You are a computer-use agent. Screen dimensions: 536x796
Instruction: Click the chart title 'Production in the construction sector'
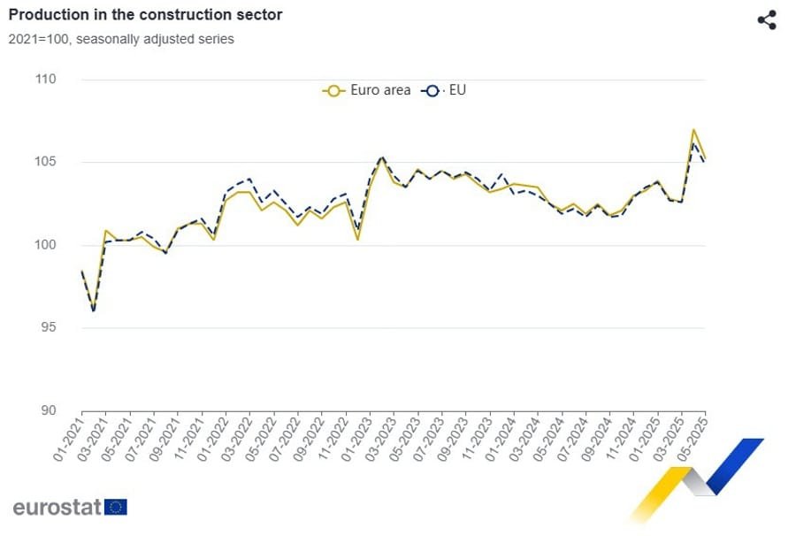(145, 16)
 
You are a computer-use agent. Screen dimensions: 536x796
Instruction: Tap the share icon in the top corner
(767, 20)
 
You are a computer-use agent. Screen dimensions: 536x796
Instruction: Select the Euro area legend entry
(367, 90)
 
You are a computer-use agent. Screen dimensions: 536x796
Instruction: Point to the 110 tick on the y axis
(44, 80)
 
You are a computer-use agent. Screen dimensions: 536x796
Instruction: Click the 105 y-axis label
(44, 162)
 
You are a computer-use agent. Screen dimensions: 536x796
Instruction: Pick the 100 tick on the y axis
(44, 245)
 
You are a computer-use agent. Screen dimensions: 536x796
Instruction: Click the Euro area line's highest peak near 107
(693, 130)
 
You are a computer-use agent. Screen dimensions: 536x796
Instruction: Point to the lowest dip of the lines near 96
(94, 310)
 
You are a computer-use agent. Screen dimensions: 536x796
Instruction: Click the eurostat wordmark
(57, 508)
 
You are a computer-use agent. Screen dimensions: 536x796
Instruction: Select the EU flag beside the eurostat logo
(116, 507)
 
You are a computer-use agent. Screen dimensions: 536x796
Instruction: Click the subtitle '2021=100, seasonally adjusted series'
(121, 39)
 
